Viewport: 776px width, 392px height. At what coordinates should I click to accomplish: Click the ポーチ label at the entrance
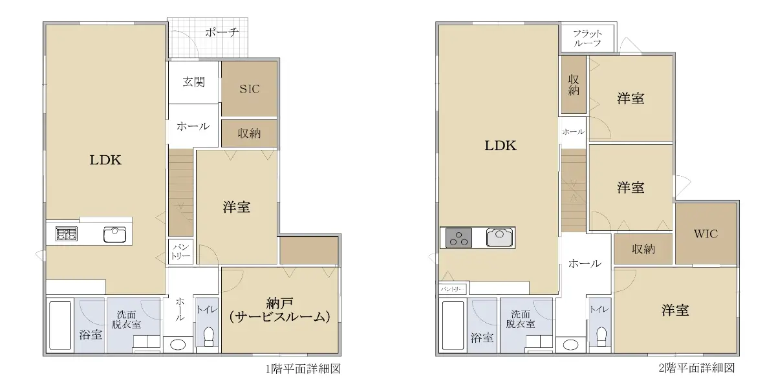222,32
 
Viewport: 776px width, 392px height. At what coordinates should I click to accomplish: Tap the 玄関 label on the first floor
193,82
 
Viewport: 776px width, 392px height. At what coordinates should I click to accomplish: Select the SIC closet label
250,89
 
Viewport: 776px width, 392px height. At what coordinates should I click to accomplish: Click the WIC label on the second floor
706,234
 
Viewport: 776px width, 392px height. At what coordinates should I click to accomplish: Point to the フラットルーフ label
587,38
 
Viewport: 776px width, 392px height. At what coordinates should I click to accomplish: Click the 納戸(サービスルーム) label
279,310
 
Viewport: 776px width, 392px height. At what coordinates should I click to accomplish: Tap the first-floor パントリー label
180,252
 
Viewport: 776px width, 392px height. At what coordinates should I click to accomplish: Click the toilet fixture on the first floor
209,337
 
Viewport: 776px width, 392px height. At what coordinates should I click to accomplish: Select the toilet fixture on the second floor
602,337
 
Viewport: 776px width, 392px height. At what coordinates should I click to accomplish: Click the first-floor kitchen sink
114,235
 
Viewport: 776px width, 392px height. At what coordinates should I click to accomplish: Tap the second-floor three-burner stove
458,237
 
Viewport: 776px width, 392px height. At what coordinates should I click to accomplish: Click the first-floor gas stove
66,234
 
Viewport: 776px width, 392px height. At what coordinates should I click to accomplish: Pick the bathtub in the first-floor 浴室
60,325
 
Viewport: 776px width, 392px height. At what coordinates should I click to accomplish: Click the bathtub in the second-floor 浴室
453,325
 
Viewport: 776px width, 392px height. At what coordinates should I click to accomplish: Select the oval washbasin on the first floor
178,345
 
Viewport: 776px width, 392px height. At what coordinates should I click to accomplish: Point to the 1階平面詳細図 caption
303,369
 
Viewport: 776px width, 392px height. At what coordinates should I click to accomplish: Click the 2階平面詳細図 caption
696,367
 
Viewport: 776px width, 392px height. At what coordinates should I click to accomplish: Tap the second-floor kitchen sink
499,237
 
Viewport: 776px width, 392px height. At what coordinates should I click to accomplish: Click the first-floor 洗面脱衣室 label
126,320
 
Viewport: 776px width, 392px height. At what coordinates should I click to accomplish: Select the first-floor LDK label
105,160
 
